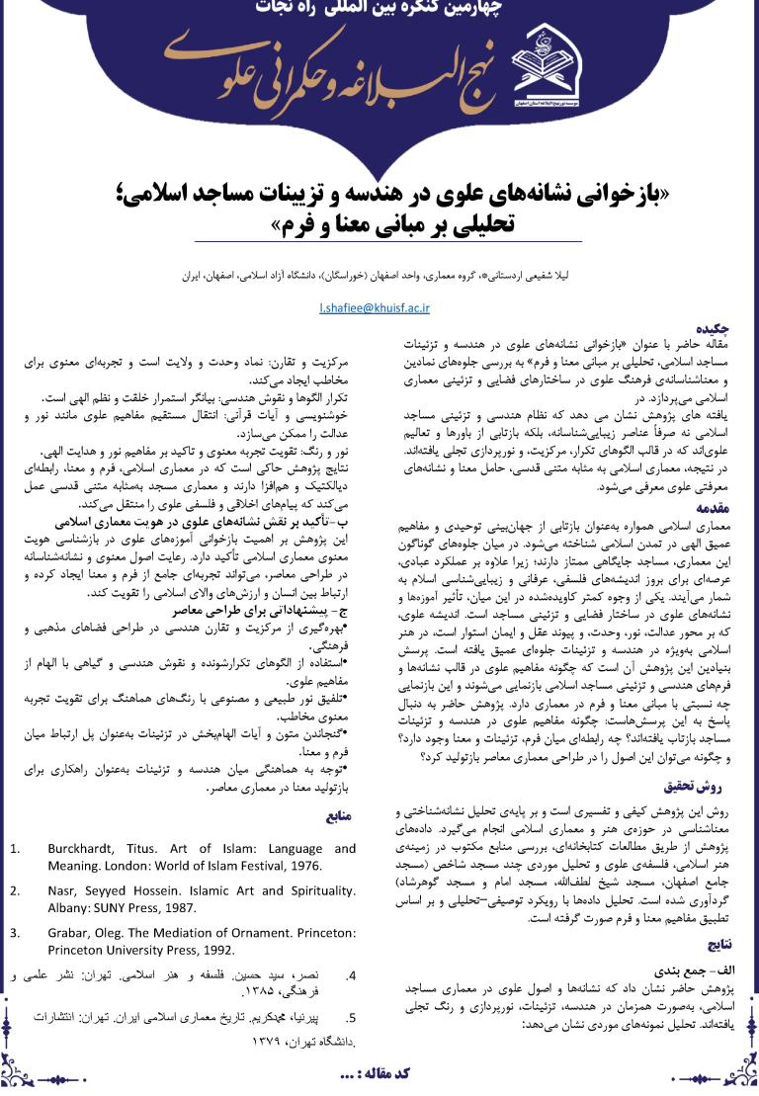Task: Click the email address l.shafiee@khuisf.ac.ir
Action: pyautogui.click(x=375, y=308)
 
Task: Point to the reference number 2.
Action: pyautogui.click(x=15, y=890)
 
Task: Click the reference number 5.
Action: pyautogui.click(x=352, y=1018)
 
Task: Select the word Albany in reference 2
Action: pyautogui.click(x=71, y=906)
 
